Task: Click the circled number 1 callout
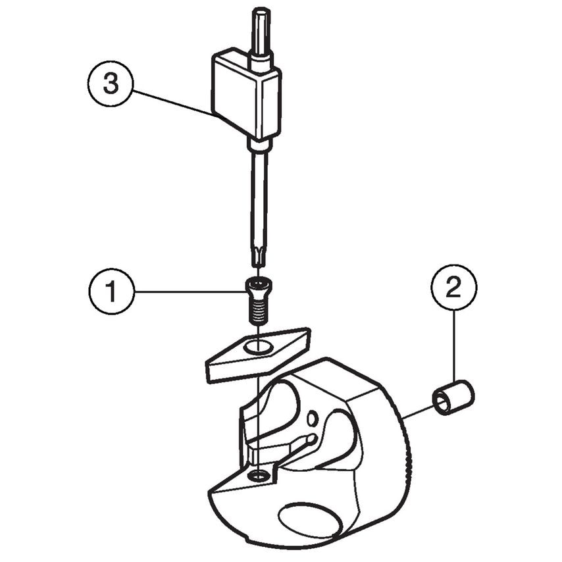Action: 111,291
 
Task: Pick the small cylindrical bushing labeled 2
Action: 453,397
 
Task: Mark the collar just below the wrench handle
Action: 259,143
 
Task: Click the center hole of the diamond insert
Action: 259,346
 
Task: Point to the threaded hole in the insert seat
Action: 261,475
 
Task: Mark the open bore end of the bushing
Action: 442,403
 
